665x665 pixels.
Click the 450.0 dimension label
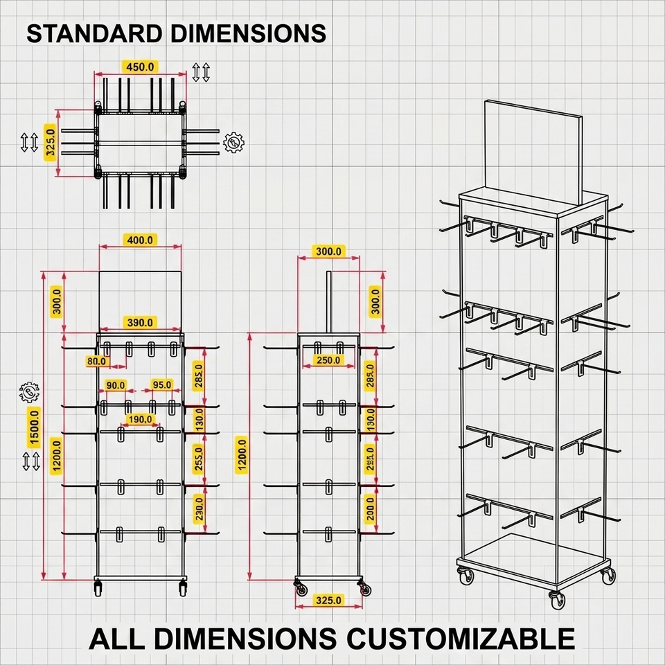(x=141, y=67)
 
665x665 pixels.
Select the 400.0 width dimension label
(x=140, y=240)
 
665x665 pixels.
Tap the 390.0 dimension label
(x=140, y=322)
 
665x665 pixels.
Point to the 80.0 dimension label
(x=97, y=361)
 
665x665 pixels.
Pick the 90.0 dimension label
(x=116, y=385)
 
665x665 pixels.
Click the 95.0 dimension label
(x=161, y=385)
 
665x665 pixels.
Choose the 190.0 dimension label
(x=140, y=419)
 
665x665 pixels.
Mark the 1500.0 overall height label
(x=32, y=425)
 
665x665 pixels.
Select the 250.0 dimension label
(x=328, y=360)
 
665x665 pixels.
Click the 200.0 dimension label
(x=370, y=509)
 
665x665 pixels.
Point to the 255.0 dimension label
(x=199, y=457)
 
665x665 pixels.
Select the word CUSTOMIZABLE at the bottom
(x=458, y=638)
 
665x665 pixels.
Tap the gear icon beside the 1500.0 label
(x=30, y=393)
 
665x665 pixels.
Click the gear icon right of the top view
(x=233, y=143)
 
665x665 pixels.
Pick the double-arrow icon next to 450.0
(x=201, y=71)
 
